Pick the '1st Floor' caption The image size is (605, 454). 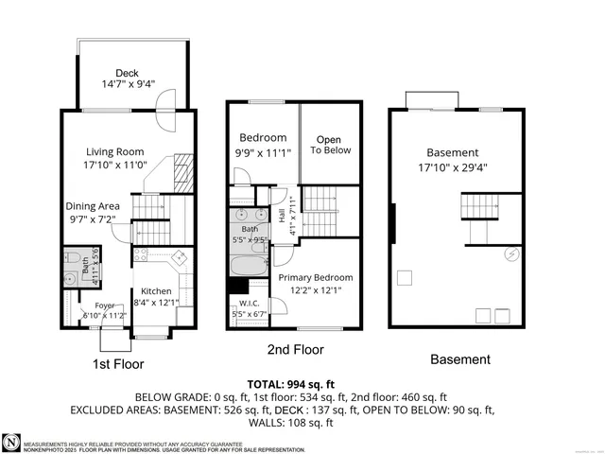(x=118, y=364)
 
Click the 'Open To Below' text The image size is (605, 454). (x=328, y=145)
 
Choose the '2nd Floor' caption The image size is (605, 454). (x=295, y=350)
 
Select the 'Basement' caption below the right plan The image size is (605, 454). (x=460, y=359)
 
